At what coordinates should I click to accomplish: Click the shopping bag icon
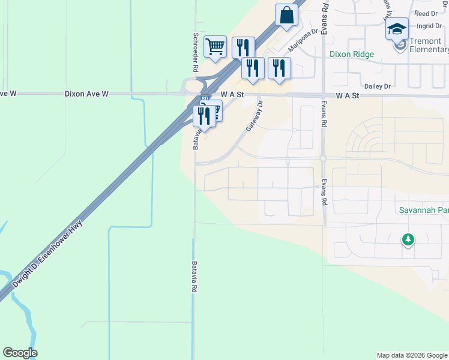click(286, 15)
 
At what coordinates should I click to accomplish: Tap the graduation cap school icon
click(397, 28)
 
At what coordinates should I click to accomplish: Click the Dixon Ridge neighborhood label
click(352, 55)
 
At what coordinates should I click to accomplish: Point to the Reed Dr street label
click(426, 13)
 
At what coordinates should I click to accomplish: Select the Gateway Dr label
click(255, 116)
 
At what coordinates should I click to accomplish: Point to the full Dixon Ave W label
click(86, 94)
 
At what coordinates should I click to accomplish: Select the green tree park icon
click(408, 239)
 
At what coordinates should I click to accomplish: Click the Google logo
click(20, 353)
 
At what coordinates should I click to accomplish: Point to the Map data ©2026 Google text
click(411, 355)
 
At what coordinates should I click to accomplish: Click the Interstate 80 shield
click(206, 98)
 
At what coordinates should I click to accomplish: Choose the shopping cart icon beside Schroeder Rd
click(214, 46)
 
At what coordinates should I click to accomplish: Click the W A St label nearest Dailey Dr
click(348, 95)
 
